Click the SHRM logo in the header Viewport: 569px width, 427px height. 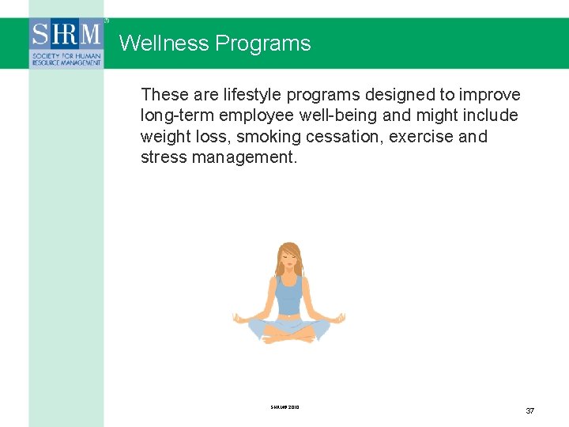(66, 43)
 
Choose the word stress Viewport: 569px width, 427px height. (162, 157)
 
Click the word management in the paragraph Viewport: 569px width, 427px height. (244, 157)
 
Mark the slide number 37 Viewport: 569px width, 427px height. (530, 410)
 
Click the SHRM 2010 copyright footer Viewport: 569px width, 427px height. (284, 407)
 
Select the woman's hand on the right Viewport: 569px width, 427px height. (341, 318)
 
